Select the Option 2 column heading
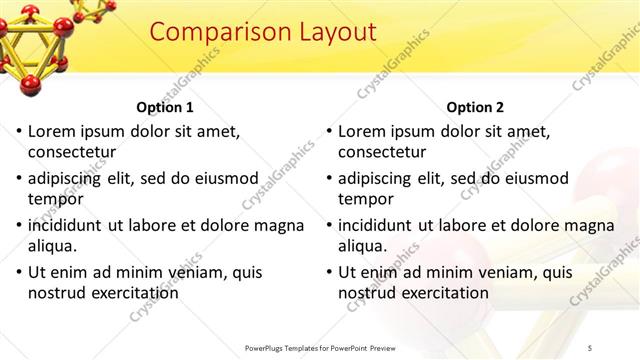[475, 107]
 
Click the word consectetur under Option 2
[381, 152]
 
